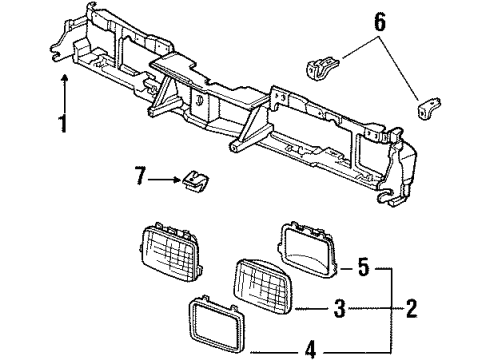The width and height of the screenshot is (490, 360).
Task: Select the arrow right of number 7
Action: click(164, 181)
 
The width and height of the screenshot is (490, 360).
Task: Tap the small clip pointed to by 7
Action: click(194, 181)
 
